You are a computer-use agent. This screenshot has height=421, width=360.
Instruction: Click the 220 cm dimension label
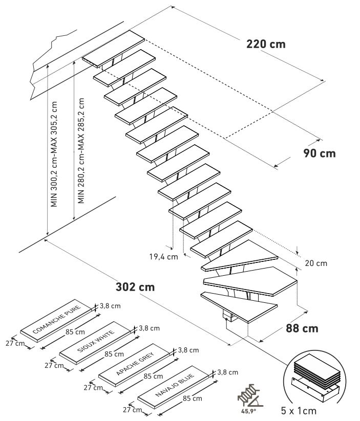point(266,43)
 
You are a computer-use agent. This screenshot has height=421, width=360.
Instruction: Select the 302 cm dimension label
point(135,286)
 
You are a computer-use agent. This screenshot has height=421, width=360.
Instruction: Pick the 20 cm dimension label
point(315,263)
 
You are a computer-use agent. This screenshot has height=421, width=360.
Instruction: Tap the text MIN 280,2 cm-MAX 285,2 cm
point(81,150)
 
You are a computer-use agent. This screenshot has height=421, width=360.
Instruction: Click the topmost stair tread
point(114,48)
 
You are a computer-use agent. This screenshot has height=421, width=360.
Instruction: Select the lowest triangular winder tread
point(241,306)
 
